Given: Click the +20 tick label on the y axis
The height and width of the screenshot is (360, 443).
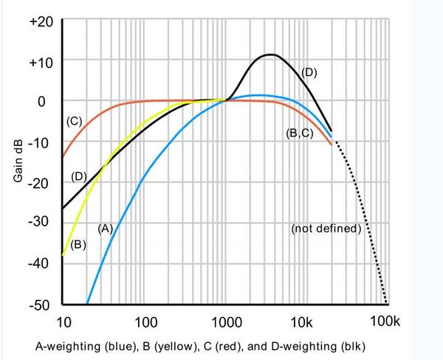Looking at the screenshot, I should [x=40, y=21].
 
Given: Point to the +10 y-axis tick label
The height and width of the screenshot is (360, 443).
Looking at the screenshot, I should [x=40, y=60].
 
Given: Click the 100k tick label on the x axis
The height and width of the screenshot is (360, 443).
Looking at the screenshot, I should [x=384, y=322].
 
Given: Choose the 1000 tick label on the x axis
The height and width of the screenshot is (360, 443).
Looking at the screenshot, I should [x=225, y=322].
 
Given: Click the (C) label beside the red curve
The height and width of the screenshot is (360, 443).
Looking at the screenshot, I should [x=74, y=121].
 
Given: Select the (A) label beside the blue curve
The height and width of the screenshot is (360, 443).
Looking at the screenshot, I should [x=105, y=228].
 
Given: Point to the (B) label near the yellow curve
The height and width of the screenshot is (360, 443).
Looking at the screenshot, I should [x=80, y=244].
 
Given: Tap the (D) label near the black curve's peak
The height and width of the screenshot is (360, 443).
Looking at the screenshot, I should [x=309, y=72].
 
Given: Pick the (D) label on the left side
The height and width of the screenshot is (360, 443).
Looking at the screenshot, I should [x=79, y=176].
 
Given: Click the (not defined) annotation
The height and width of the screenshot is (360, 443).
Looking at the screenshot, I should [x=326, y=229].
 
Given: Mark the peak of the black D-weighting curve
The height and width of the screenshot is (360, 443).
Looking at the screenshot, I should [x=270, y=54].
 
